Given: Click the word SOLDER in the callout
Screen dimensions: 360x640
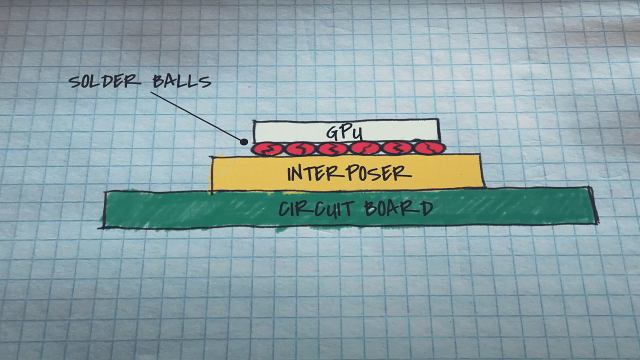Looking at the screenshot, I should [103, 81].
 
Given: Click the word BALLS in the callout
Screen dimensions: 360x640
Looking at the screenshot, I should [181, 81].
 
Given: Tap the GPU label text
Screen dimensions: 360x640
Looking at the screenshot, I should [344, 132].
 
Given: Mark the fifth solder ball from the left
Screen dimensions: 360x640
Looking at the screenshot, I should [396, 148].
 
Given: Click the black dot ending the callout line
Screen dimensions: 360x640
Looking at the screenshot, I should [244, 141].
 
